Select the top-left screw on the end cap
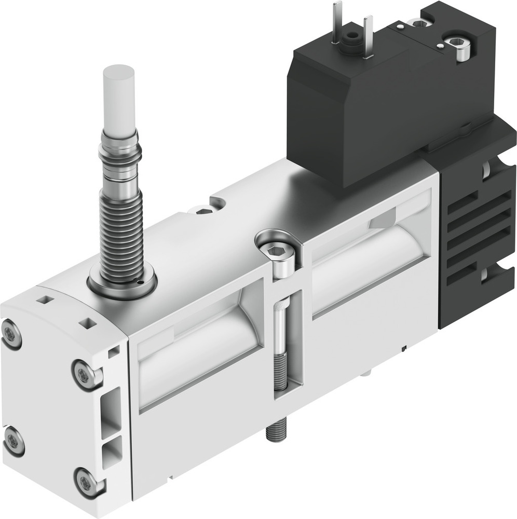tap(11, 334)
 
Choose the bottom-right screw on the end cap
tap(87, 481)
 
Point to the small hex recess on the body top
tap(202, 210)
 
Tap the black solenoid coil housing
tap(358, 114)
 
